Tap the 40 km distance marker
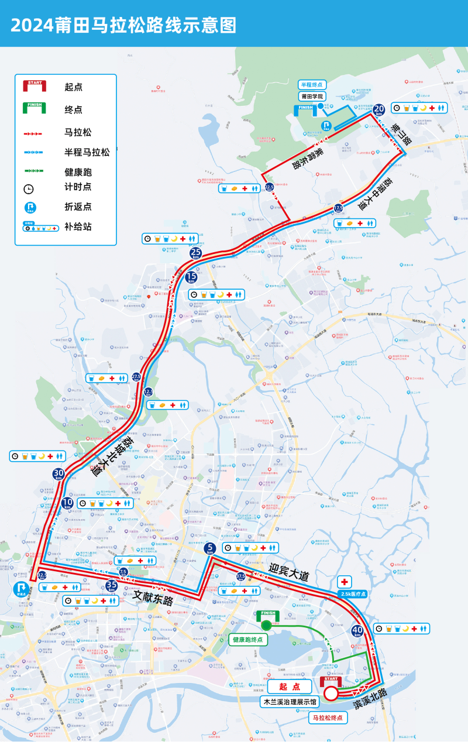pos(357,630)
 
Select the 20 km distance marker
pos(379,108)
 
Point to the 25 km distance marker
pos(195,253)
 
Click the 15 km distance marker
pos(191,277)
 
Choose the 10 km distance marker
pos(68,503)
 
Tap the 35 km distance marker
pos(112,585)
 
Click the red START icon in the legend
pos(35,87)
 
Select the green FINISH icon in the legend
pos(35,108)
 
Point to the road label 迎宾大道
pos(288,572)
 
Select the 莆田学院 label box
pos(312,97)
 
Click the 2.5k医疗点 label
pos(353,593)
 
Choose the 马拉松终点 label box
pos(326,717)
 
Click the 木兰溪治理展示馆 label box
pos(290,701)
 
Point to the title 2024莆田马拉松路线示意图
pos(123,25)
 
